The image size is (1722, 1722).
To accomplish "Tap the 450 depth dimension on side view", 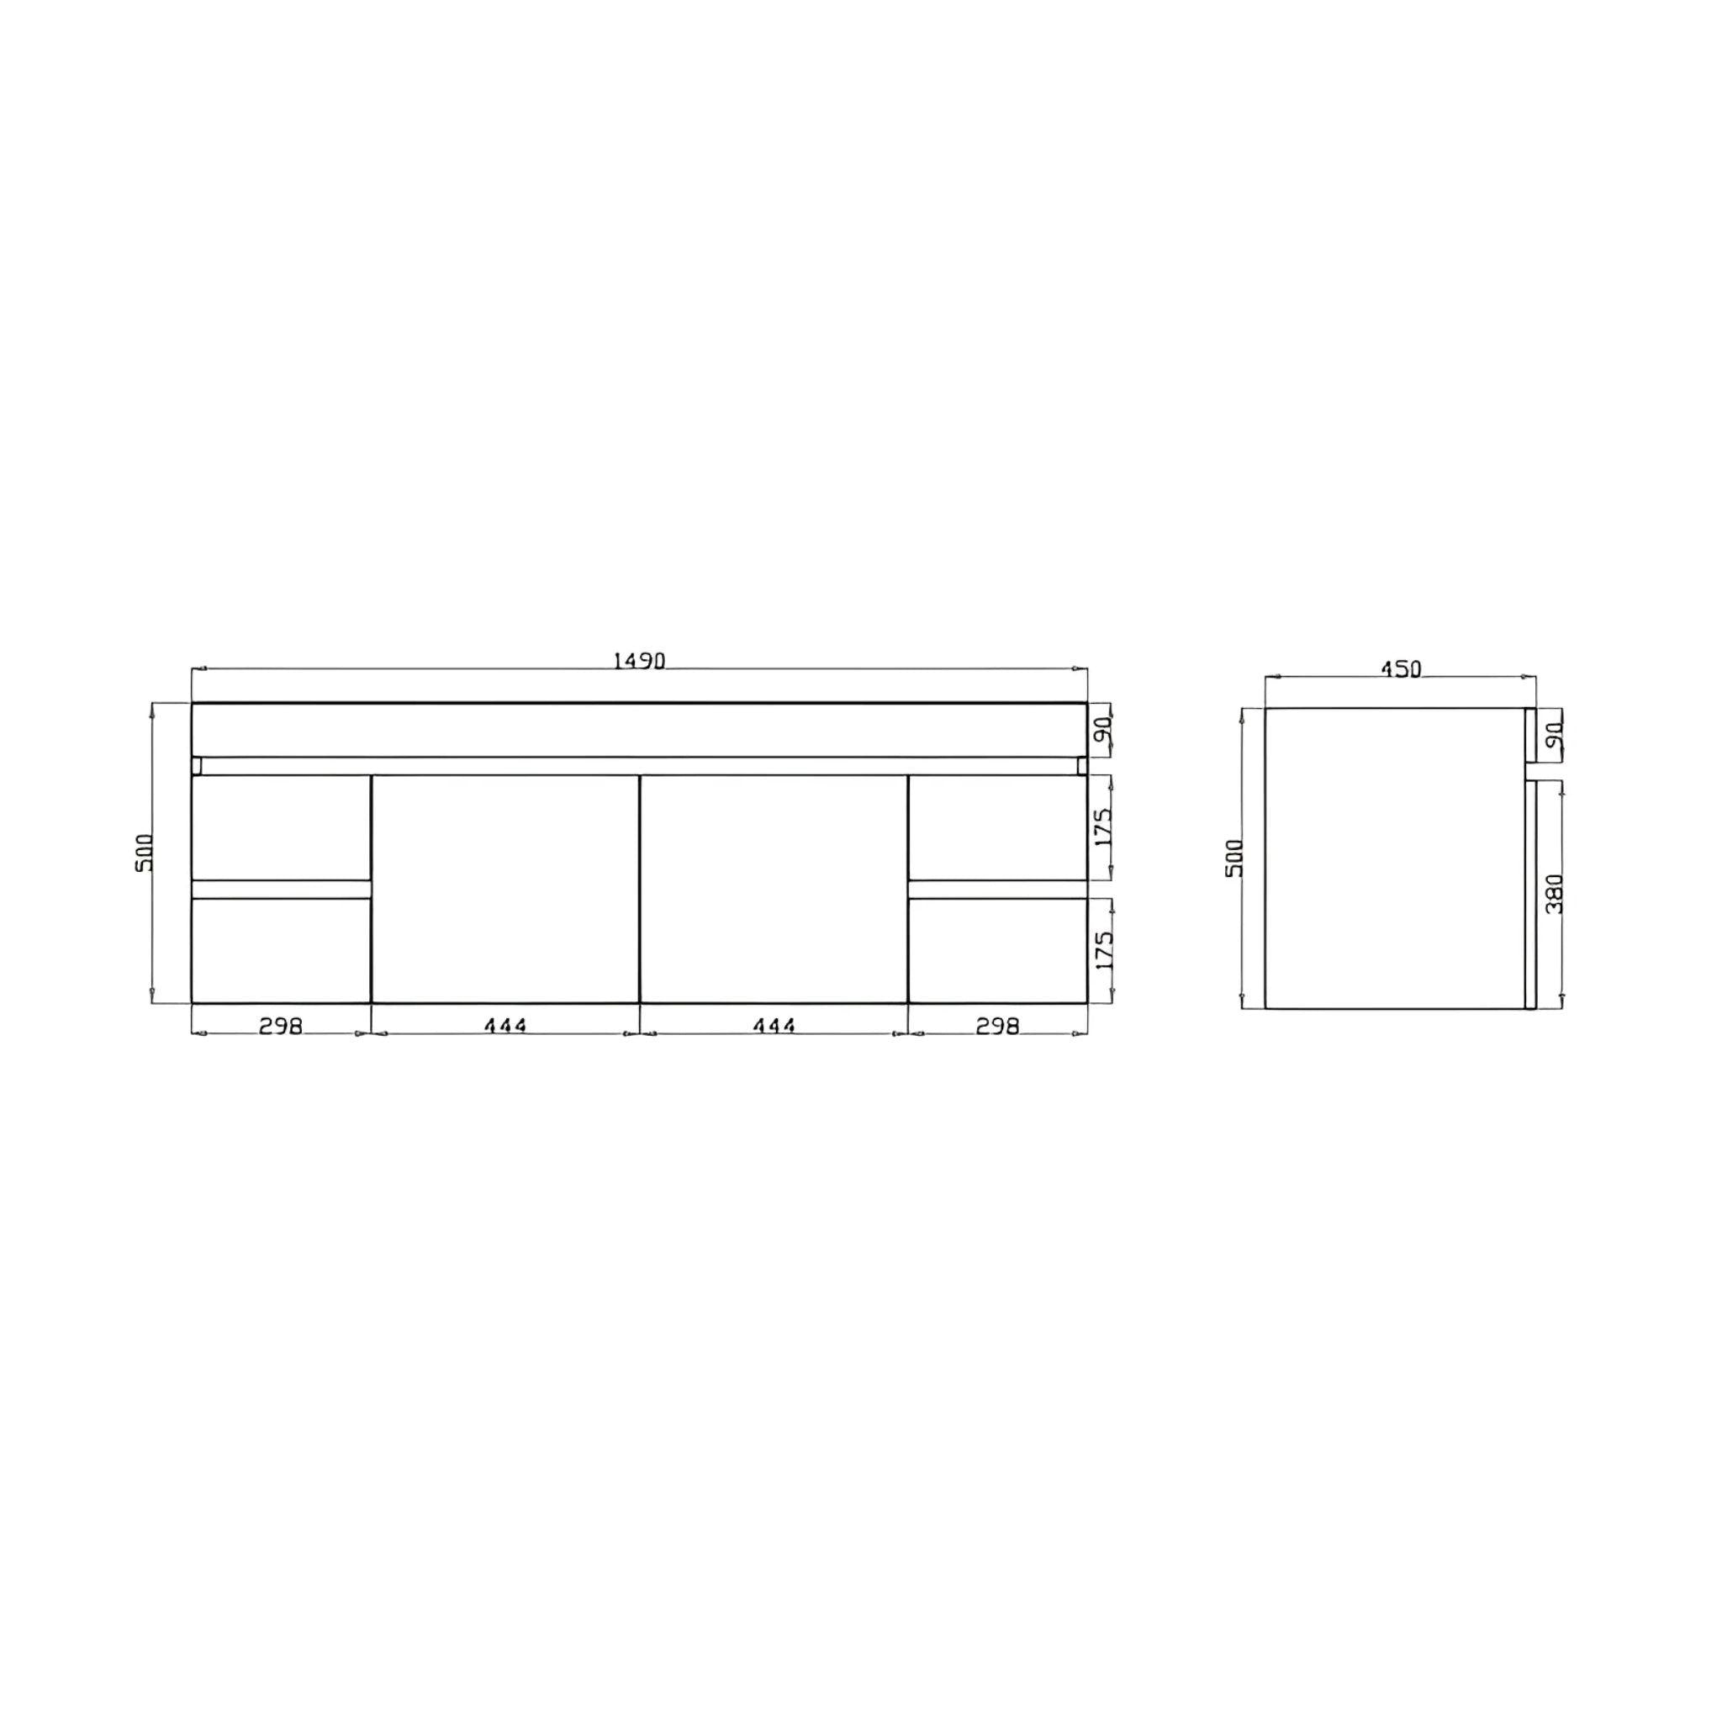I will point(1400,668).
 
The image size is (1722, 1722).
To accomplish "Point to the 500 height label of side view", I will point(1234,858).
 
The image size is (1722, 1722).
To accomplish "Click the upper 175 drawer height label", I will point(1103,828).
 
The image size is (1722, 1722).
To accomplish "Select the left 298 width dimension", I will point(281,1026).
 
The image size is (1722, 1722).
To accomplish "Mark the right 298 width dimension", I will point(996,1026).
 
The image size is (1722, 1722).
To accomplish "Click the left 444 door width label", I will point(505,1026).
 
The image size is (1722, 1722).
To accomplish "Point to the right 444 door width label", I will point(774,1026).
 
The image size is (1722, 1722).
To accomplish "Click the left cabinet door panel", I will point(504,888).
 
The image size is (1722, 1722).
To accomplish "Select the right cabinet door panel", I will point(774,888).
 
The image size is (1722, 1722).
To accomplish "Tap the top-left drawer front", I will point(281,827).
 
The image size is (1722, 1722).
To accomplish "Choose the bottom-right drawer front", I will point(997,949).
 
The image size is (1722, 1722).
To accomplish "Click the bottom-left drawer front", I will point(281,949).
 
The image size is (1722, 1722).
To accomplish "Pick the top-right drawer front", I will point(997,827).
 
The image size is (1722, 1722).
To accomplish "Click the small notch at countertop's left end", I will point(197,766).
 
